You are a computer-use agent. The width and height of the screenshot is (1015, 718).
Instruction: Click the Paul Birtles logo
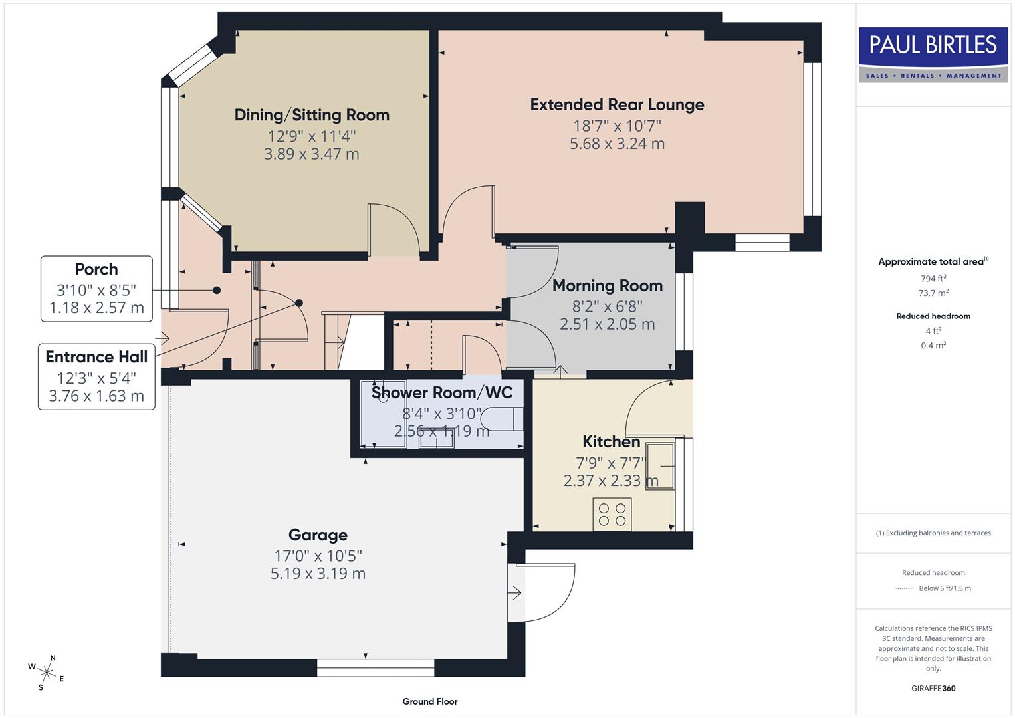(x=933, y=54)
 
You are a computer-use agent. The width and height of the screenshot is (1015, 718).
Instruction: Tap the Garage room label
(x=318, y=535)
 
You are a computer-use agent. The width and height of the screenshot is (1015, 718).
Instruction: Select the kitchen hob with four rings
(x=612, y=514)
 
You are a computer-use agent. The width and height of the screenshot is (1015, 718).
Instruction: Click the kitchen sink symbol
(x=662, y=465)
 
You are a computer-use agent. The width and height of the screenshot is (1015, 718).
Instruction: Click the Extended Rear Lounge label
(x=617, y=105)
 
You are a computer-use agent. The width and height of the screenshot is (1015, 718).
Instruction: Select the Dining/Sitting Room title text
(x=312, y=115)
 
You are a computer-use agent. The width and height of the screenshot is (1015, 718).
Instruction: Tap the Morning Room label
(x=607, y=286)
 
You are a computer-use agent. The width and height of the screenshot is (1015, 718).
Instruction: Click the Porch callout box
(x=97, y=289)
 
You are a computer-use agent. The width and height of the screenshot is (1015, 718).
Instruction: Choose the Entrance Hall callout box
(x=97, y=376)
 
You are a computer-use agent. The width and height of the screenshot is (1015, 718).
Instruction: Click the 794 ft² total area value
(x=933, y=279)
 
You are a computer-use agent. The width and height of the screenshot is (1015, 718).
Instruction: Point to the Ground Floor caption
(x=430, y=701)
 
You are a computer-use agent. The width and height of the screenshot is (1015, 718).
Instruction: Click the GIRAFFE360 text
(x=933, y=688)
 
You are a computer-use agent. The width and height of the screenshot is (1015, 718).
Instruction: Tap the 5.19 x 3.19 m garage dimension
(x=318, y=574)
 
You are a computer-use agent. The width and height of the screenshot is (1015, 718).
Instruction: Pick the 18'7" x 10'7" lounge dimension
(x=617, y=126)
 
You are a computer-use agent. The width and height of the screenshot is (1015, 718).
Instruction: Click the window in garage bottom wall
(x=375, y=667)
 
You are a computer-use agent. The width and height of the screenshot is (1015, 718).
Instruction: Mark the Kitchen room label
(x=611, y=442)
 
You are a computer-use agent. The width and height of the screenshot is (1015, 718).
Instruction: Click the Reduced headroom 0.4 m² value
(x=933, y=346)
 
